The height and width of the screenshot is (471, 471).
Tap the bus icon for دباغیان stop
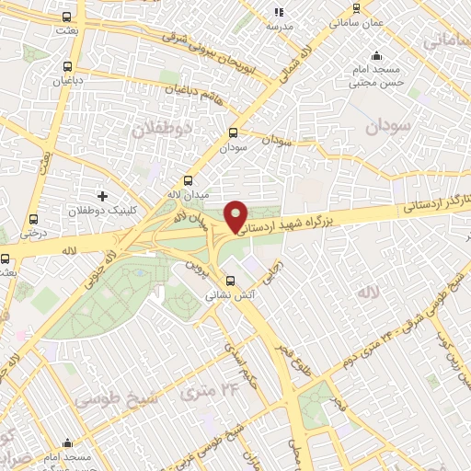tap(67, 66)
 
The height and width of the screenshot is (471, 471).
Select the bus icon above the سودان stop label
tap(233, 132)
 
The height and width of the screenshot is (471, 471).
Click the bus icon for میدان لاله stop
tap(189, 180)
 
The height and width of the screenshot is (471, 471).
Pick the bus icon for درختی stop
tap(34, 219)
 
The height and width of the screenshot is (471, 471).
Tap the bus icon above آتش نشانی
tap(230, 281)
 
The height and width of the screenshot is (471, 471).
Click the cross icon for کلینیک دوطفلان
tap(102, 196)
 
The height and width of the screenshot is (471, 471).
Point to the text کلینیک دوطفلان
tap(102, 211)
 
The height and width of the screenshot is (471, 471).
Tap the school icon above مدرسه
tap(279, 12)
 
